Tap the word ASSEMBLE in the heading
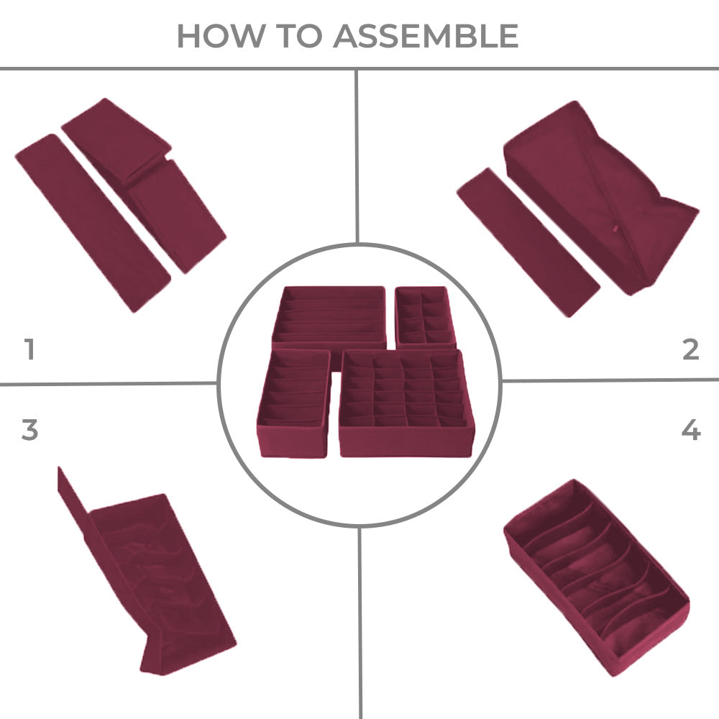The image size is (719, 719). (x=426, y=36)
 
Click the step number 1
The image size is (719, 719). (x=29, y=349)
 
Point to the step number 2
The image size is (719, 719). (x=690, y=349)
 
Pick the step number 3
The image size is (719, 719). (x=29, y=430)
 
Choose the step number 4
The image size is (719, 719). (x=691, y=430)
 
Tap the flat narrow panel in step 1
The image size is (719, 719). (x=93, y=224)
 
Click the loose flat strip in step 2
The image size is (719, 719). (x=528, y=242)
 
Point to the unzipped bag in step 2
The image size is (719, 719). (x=601, y=197)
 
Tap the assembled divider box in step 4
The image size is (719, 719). (x=597, y=577)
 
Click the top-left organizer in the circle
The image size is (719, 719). (x=329, y=316)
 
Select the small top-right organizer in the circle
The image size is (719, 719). (x=426, y=316)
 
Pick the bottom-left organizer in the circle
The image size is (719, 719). (x=294, y=403)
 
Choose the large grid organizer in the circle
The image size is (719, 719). (x=406, y=403)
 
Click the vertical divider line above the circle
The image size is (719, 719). (x=357, y=156)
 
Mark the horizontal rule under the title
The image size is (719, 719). (x=359, y=69)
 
